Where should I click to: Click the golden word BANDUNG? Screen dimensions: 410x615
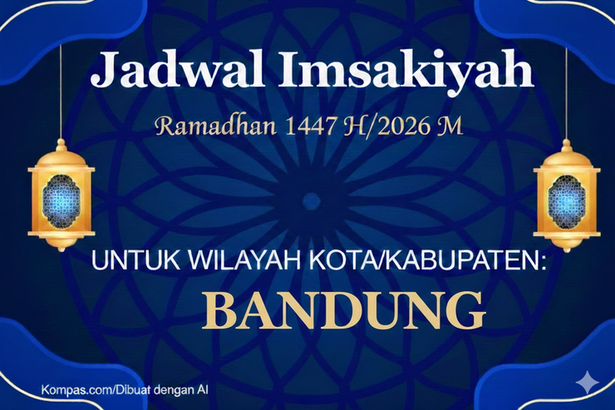click(x=344, y=310)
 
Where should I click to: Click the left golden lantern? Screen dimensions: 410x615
click(x=61, y=195)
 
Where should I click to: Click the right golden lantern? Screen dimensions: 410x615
click(x=566, y=195)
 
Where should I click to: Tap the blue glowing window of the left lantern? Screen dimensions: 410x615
click(x=61, y=200)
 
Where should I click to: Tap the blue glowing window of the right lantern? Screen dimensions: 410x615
click(x=566, y=200)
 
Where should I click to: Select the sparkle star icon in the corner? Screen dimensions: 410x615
click(x=588, y=382)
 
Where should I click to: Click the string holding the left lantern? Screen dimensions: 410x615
click(x=61, y=91)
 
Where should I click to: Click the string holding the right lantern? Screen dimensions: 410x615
click(x=566, y=91)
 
